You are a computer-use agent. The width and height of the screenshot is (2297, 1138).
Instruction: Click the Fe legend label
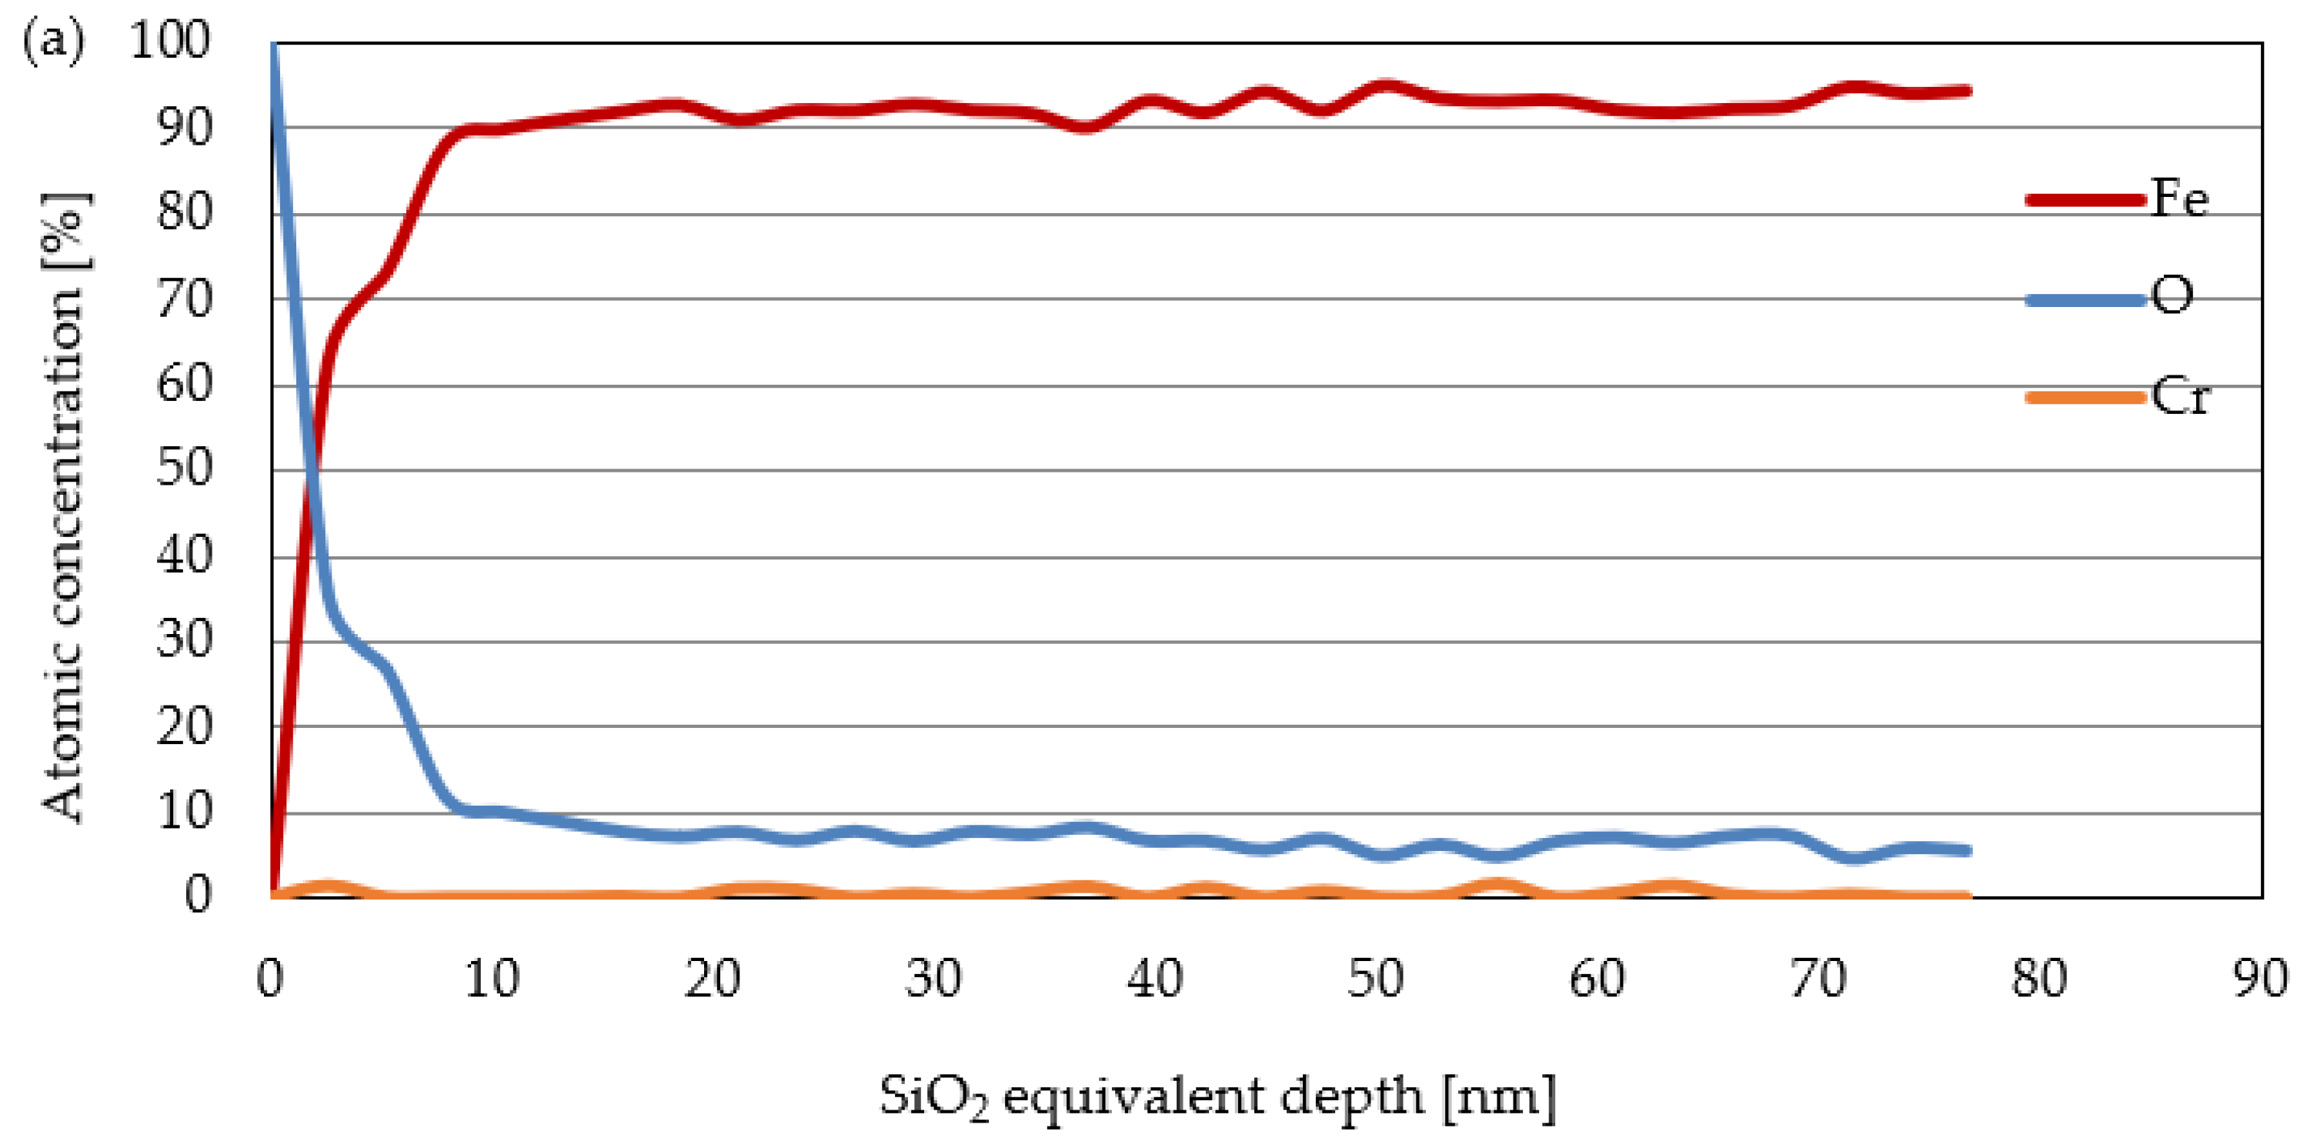[x=2179, y=198]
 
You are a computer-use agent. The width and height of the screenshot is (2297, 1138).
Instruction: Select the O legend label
[x=2172, y=296]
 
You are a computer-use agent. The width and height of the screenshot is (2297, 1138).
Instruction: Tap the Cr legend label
[x=2179, y=396]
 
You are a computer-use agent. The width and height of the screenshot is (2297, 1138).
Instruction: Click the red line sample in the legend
[x=2085, y=200]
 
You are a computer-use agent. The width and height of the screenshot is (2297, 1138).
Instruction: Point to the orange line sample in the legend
[x=2085, y=397]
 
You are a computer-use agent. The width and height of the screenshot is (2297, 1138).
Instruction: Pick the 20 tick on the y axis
[x=185, y=726]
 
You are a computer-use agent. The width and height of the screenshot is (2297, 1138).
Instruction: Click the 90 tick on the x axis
[x=2259, y=979]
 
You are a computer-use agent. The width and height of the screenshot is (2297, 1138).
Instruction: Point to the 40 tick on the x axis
[x=1154, y=979]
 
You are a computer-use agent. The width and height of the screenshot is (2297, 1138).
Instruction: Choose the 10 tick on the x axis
[x=491, y=979]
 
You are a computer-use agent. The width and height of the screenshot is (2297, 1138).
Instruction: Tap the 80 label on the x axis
[x=2038, y=979]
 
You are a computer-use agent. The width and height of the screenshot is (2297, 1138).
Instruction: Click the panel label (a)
[x=54, y=41]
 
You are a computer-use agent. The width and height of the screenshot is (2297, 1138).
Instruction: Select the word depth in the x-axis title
[x=1352, y=1097]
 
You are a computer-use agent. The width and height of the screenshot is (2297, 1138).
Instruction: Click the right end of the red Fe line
[x=1967, y=91]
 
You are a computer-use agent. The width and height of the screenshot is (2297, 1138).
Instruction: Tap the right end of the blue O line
[x=1967, y=850]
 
